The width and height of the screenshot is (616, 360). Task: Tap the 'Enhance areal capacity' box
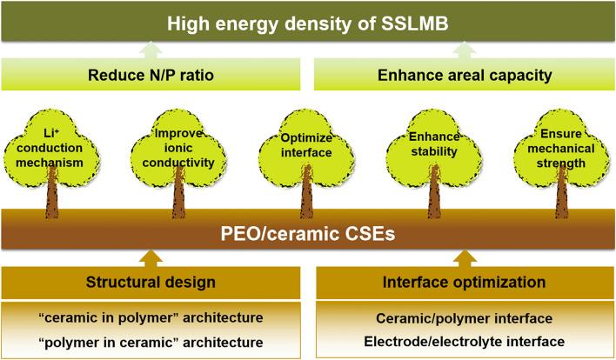(x=465, y=75)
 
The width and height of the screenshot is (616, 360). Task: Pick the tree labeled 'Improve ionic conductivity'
(x=178, y=143)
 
